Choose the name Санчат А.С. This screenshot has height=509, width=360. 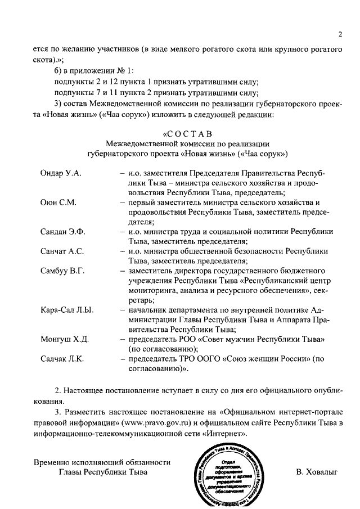(x=62, y=251)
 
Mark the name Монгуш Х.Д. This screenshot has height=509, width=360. (x=63, y=340)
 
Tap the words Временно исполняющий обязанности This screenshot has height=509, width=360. (x=101, y=462)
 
